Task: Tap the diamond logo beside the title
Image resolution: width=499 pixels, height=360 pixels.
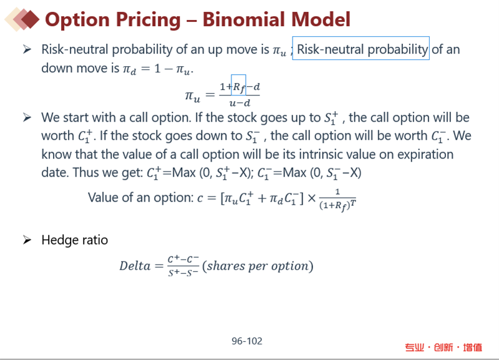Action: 22,19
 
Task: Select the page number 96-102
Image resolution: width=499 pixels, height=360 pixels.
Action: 247,341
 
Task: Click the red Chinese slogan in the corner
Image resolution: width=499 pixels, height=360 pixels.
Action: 443,348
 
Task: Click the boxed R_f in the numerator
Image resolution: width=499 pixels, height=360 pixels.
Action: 238,85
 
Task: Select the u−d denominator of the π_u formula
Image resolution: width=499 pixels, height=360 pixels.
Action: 240,103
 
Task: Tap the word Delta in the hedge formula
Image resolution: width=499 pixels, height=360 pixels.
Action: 135,266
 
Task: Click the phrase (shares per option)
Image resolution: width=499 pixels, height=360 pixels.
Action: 258,266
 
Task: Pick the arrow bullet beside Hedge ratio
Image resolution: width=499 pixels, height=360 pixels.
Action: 27,240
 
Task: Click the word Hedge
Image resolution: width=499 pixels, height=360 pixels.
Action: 59,240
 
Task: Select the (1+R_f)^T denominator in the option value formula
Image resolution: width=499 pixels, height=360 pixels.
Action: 337,205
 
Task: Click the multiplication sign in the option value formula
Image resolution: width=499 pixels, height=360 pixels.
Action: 311,198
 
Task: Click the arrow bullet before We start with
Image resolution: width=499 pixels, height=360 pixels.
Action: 27,117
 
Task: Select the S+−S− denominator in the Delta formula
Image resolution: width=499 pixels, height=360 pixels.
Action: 183,273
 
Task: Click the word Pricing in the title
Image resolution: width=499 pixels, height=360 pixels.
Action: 148,20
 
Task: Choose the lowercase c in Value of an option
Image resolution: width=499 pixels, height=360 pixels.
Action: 200,198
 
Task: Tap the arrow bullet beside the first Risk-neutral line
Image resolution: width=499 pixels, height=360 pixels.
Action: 27,49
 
